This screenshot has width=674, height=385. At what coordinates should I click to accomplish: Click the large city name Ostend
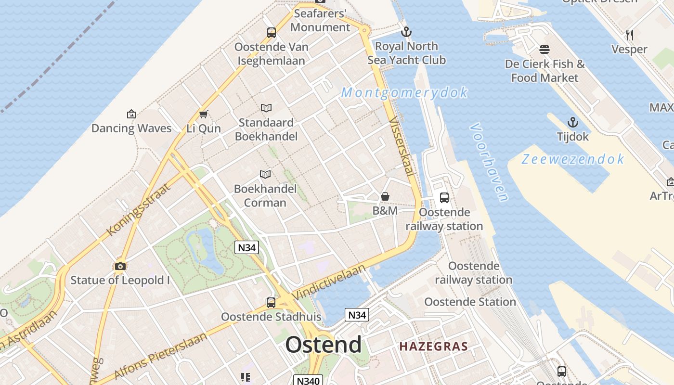pos(323,345)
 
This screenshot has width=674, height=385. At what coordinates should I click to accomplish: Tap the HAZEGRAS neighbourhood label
pos(433,346)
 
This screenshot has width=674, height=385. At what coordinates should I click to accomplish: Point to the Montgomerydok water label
pos(404,92)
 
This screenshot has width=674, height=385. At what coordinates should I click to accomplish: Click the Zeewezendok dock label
pos(573,159)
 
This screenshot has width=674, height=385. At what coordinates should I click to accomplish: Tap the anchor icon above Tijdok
pos(572,122)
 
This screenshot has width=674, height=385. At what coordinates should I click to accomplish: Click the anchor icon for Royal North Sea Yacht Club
pos(407,32)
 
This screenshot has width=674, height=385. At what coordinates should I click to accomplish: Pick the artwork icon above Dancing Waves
pos(131,114)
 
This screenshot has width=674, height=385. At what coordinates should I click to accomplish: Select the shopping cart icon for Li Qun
pos(203,114)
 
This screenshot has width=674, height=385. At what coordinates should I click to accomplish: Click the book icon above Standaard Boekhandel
pos(266,108)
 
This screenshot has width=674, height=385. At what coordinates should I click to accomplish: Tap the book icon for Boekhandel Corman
pos(265,174)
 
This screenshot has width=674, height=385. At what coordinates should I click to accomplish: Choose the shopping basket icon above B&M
pos(385,196)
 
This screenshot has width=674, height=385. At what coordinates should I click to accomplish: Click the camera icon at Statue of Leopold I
pos(120,266)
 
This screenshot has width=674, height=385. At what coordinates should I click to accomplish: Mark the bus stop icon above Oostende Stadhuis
pos(271,303)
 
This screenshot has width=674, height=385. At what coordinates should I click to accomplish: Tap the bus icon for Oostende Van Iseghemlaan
pos(272,33)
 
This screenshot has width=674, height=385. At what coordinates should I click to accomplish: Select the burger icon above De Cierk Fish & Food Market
pos(544,49)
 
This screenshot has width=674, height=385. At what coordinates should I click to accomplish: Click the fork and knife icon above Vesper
pos(629,35)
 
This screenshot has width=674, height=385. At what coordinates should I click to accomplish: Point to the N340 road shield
pos(308,381)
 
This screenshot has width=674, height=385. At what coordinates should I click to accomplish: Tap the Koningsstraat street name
pos(139,209)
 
